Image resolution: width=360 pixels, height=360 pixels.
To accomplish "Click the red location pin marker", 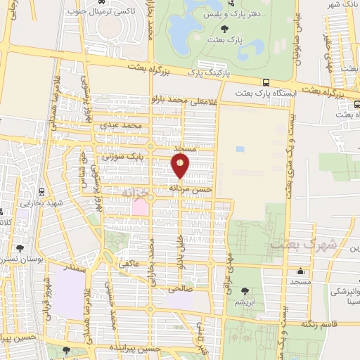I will [x=181, y=166].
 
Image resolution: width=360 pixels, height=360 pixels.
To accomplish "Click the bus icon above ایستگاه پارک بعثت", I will [x=266, y=82].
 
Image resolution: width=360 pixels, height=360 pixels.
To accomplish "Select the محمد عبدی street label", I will [x=131, y=125].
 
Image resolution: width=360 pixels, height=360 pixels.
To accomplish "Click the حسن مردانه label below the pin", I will [x=191, y=189].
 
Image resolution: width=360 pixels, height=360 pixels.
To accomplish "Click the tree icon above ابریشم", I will [x=244, y=291].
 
